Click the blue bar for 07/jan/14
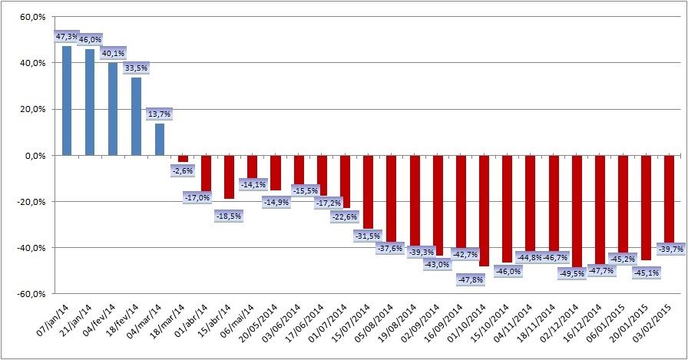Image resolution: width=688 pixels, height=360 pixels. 67,101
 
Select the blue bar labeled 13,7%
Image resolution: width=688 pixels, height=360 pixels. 160,140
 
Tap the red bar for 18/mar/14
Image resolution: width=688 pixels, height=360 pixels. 183,159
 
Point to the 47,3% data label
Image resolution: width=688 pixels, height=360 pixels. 67,36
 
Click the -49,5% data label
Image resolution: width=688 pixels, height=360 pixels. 576,273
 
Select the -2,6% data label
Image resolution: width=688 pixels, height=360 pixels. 183,170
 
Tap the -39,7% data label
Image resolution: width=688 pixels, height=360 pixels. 669,249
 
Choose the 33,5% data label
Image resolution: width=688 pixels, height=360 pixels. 136,68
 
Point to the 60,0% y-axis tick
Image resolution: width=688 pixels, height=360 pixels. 31,16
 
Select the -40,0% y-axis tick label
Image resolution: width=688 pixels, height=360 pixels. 30,248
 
